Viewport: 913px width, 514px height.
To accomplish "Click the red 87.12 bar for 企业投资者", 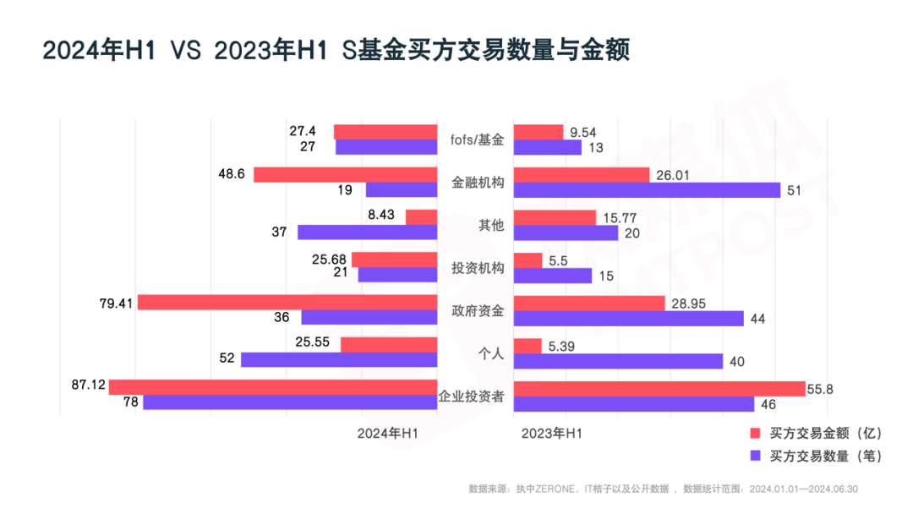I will pos(272,387).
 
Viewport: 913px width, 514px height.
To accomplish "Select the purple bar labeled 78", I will pos(289,402).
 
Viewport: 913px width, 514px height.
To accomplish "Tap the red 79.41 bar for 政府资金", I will pos(287,302).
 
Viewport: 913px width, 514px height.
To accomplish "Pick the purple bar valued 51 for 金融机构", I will pos(647,190).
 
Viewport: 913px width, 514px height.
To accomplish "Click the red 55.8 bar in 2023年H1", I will pos(659,388).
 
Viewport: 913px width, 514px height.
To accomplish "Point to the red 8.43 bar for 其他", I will pos(421,217).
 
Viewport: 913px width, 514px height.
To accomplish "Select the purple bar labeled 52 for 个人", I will pos(338,359).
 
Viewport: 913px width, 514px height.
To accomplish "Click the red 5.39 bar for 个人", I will pos(528,346).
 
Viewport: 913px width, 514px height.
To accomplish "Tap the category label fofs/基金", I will pos(476,139).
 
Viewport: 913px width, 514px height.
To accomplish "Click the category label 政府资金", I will pos(476,310).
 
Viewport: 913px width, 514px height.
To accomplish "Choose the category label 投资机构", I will pos(476,268).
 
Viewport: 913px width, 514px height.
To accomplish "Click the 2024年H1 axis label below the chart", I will pos(388,433).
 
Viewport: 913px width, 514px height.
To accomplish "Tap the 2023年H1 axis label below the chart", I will pos(551,433).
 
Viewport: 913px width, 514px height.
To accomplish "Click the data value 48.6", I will pos(231,173).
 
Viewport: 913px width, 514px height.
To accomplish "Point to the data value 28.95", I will pos(690,302).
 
